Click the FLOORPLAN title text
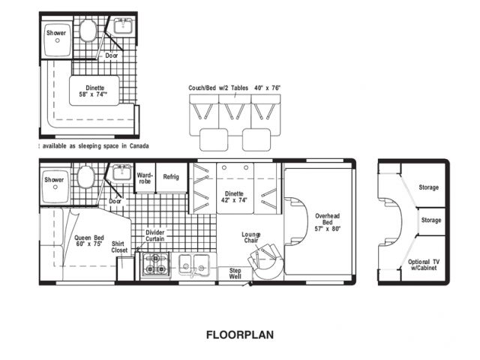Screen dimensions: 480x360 [240, 334]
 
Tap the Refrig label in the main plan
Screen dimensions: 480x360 [171, 177]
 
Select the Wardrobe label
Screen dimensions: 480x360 [145, 178]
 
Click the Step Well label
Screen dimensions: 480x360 [235, 273]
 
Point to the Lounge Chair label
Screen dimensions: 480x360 [251, 238]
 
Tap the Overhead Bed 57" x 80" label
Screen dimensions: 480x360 [328, 222]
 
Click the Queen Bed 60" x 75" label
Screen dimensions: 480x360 [89, 241]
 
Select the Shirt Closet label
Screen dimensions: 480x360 [119, 247]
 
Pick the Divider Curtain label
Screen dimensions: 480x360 [155, 235]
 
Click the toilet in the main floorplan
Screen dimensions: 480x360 [85, 177]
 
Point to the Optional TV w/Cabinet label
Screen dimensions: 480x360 [424, 265]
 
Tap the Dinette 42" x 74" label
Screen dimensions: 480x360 [234, 196]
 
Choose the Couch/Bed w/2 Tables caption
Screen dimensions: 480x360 [218, 88]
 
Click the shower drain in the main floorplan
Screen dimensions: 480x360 [55, 187]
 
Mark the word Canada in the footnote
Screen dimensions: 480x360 [139, 146]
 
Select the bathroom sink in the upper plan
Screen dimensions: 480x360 [123, 25]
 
